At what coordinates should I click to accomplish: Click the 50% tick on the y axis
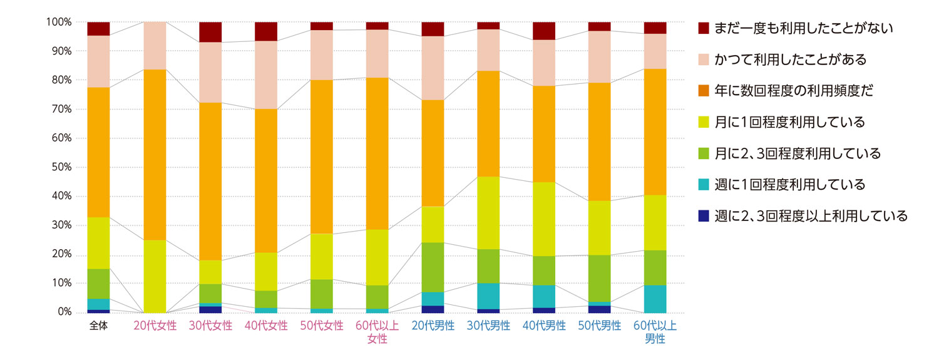(60, 167)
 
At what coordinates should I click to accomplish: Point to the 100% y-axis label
(58, 22)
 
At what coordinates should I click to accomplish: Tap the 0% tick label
(63, 312)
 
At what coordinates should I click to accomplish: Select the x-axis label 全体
(98, 326)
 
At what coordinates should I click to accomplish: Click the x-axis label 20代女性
(155, 326)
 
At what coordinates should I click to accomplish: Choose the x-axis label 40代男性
(544, 326)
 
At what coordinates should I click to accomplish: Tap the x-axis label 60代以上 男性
(655, 332)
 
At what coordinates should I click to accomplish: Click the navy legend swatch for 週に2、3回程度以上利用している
(704, 216)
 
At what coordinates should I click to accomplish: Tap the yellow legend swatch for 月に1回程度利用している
(704, 122)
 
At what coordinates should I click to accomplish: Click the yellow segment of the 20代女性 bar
(155, 275)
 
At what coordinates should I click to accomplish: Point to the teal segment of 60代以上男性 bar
(655, 299)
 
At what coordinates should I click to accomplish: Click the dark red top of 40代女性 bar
(266, 31)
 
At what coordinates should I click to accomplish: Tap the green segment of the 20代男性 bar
(433, 267)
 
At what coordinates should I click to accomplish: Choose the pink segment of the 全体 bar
(98, 61)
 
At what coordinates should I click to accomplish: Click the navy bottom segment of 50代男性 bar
(600, 309)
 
